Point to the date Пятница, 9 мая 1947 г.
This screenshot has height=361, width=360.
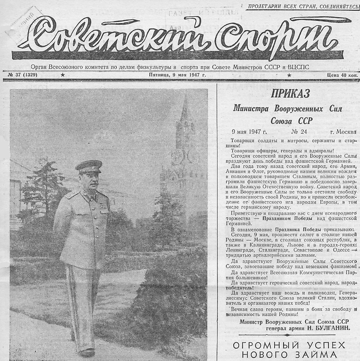click(178, 75)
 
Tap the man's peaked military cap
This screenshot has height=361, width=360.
click(89, 166)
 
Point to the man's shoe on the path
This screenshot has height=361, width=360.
click(87, 352)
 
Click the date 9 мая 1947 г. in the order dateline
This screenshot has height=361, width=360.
click(249, 132)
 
